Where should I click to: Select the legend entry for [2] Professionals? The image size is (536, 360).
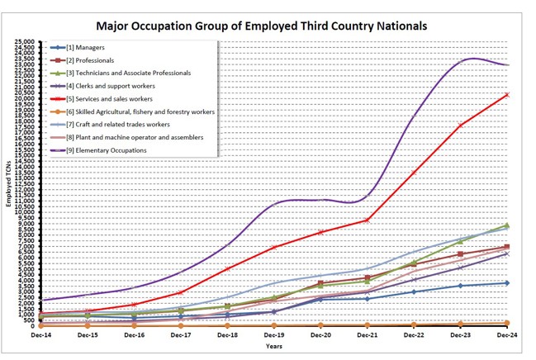click(x=95, y=60)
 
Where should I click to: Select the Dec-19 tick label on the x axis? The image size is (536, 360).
click(x=273, y=336)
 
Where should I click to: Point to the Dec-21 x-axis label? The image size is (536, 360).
click(x=367, y=336)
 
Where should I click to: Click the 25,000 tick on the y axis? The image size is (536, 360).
click(x=25, y=41)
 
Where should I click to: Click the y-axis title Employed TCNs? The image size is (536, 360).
click(x=9, y=186)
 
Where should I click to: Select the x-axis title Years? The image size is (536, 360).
click(x=273, y=347)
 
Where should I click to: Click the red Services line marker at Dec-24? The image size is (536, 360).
click(x=507, y=95)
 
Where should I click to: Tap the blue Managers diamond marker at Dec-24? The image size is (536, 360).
click(x=507, y=283)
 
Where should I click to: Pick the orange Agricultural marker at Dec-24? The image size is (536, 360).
click(x=507, y=323)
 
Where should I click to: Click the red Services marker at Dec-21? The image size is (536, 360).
click(x=367, y=220)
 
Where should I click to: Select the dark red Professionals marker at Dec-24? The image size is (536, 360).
click(x=507, y=247)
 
